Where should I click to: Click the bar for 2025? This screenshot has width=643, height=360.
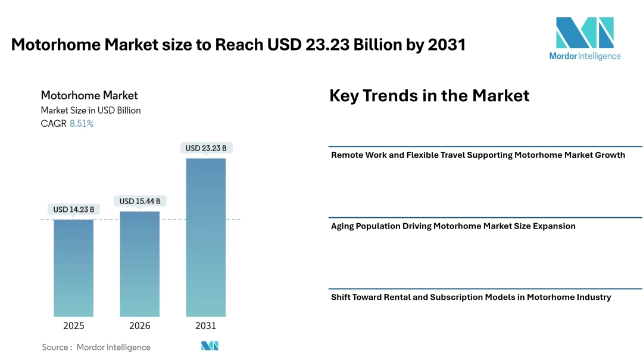point(73,268)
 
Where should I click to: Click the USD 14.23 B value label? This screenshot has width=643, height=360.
point(73,209)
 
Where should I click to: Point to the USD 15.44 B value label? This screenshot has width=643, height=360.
point(139,201)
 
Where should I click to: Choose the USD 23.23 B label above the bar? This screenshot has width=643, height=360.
point(205,148)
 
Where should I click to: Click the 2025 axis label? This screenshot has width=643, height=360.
point(73,325)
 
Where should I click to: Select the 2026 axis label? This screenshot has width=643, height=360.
point(139,325)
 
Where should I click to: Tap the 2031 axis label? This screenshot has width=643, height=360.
point(205,325)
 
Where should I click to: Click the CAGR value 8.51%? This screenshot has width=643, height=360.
point(82,124)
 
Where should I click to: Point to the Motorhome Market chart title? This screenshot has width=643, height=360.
point(89,95)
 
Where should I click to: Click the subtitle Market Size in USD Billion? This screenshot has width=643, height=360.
point(90,110)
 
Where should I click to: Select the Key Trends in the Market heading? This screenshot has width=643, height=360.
point(429,96)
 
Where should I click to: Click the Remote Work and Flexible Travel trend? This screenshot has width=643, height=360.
point(477,155)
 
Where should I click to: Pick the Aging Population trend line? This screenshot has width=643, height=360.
point(453,226)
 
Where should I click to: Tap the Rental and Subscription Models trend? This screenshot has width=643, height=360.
point(471,297)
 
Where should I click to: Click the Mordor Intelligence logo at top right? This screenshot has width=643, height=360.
point(585,38)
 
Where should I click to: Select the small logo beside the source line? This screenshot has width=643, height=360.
point(210,346)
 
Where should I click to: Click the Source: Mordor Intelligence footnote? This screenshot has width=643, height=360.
point(96,347)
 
